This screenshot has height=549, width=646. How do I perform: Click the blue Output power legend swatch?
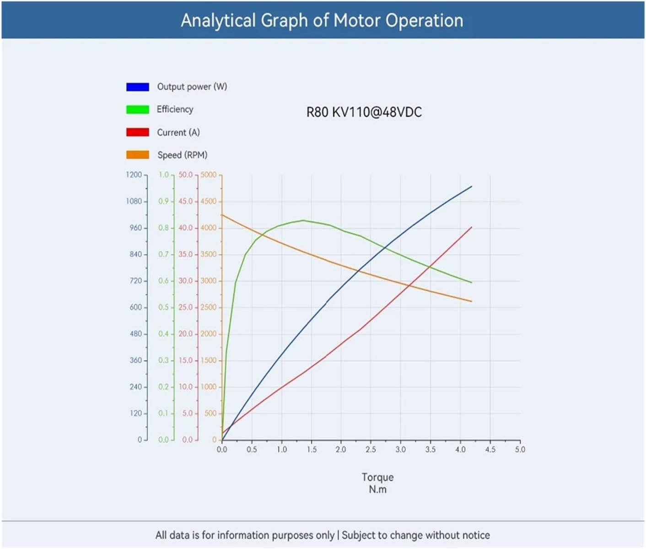coord(138,87)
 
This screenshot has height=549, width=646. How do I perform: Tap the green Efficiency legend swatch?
coord(138,109)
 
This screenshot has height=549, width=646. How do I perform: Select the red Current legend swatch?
coord(138,132)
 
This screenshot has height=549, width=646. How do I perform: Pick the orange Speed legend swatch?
coord(138,155)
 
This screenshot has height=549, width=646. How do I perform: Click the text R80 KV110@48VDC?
coord(364,112)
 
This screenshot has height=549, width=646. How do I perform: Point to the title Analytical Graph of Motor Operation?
coord(322,21)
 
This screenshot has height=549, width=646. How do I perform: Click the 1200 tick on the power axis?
coord(134,175)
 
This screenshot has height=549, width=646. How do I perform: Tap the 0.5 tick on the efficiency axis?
coord(164,307)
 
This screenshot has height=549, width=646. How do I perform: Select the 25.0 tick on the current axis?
coord(186,307)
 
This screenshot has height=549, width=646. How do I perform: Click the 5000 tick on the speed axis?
coord(209,175)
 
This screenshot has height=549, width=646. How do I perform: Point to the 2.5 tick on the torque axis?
coord(371,450)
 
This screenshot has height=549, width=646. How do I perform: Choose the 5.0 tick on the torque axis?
coord(520,450)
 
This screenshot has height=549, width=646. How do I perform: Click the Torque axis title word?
coord(377,477)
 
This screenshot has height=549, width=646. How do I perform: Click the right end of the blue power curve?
coord(472,186)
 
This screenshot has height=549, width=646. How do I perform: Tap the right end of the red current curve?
coord(472,227)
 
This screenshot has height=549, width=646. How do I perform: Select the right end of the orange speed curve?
coord(472,301)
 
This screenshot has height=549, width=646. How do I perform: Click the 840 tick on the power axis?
coord(136,254)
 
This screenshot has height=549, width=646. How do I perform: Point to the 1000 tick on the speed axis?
coord(209,387)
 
